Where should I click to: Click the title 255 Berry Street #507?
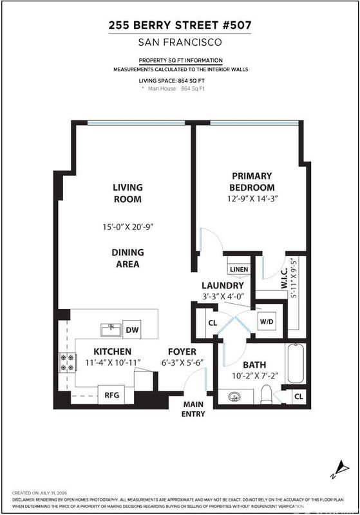pyautogui.click(x=180, y=25)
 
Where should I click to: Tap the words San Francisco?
pyautogui.click(x=180, y=42)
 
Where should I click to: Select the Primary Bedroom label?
pyautogui.click(x=252, y=182)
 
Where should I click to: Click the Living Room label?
pyautogui.click(x=128, y=193)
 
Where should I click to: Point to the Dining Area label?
pyautogui.click(x=128, y=258)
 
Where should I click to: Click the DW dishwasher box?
pyautogui.click(x=132, y=329)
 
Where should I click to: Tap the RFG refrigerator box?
pyautogui.click(x=111, y=395)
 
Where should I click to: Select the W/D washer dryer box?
pyautogui.click(x=267, y=321)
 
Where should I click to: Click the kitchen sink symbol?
pyautogui.click(x=111, y=330)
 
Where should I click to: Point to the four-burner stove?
pyautogui.click(x=68, y=362)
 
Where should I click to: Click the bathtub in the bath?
pyautogui.click(x=296, y=363)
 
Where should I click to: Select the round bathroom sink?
pyautogui.click(x=234, y=397)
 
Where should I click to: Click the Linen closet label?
pyautogui.click(x=239, y=269)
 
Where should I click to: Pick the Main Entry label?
pyautogui.click(x=193, y=409)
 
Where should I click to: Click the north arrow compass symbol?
pyautogui.click(x=341, y=470)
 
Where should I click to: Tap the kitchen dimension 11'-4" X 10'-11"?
pyautogui.click(x=113, y=362)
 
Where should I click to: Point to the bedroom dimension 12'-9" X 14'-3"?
pyautogui.click(x=252, y=199)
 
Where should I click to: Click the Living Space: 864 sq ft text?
pyautogui.click(x=172, y=80)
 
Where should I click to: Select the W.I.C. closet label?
pyautogui.click(x=284, y=279)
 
